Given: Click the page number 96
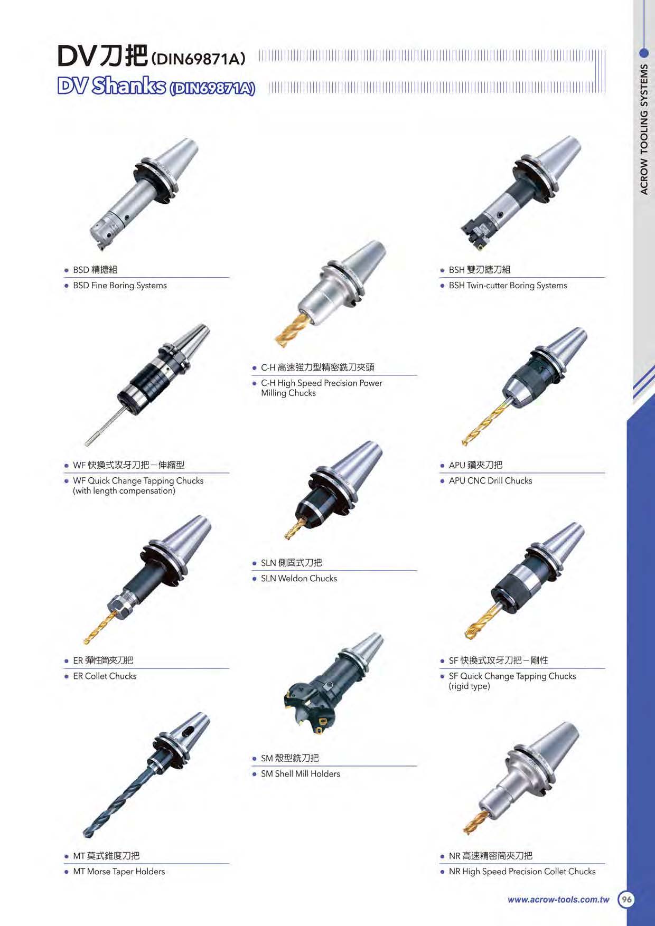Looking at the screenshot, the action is pos(626,899).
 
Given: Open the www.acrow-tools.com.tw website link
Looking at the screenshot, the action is pos(558,900).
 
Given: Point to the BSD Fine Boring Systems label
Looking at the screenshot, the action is pos(120,286).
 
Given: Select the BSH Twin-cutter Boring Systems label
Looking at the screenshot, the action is pos(508,286).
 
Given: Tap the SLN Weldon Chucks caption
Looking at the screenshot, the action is pos(299,579).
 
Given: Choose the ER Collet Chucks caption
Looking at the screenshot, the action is pos(105,676).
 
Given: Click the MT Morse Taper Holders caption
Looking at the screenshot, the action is pos(119,872).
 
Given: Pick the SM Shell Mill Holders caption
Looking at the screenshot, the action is pos(301,774).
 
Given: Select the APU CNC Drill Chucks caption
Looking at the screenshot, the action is pos(490,481).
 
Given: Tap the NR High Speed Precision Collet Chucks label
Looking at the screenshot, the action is pos(522,872).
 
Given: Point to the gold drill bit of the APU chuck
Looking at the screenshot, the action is pos(484,423).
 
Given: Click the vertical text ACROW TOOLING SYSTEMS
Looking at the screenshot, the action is pos(644,129).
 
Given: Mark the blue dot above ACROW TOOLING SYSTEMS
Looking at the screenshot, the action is pos(644,53).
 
